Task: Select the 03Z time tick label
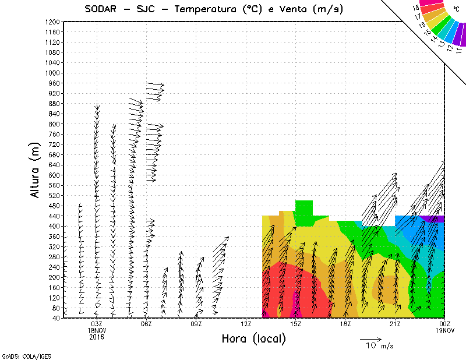tap(97, 324)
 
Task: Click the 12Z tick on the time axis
tap(246, 324)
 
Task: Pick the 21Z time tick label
tap(395, 324)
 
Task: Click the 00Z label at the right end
tap(444, 324)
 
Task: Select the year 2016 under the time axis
tap(97, 336)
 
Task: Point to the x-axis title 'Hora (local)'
tap(253, 338)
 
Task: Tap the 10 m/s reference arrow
tap(370, 338)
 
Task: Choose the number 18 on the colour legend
tap(416, 8)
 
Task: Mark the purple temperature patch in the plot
tap(432, 218)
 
